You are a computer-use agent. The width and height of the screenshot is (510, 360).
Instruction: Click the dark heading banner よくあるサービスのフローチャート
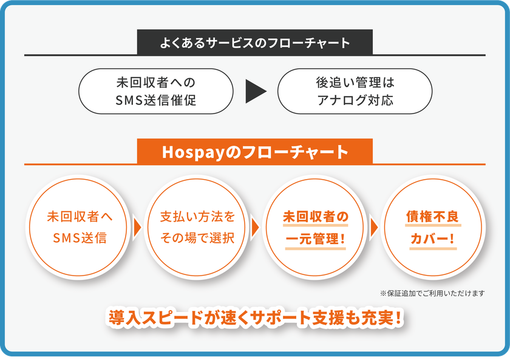[x=254, y=42]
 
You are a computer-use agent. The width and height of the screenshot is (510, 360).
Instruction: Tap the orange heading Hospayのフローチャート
[x=254, y=152]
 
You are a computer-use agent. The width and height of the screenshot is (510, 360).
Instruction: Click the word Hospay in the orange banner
[x=194, y=152]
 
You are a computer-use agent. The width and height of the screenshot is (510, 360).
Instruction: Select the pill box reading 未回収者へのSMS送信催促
[x=156, y=91]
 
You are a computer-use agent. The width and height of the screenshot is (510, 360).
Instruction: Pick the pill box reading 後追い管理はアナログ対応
[x=355, y=91]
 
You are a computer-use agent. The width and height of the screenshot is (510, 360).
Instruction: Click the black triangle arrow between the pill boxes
[x=256, y=91]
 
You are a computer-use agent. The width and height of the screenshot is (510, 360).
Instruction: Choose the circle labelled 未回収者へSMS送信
[x=78, y=227]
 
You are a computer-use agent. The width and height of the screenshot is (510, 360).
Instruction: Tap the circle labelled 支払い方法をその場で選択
[x=197, y=227]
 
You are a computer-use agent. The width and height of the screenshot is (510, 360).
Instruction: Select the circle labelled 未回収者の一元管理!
[x=315, y=227]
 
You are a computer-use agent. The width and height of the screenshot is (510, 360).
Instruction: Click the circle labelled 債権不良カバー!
[x=433, y=227]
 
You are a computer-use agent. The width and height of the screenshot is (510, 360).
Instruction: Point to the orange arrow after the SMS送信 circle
[x=137, y=227]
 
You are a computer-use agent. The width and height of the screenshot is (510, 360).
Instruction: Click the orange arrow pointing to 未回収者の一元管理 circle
[x=256, y=227]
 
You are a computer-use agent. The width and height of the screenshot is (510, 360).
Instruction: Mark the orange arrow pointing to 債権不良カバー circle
[x=374, y=227]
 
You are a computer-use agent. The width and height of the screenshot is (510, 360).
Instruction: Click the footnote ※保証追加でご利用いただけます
[x=432, y=293]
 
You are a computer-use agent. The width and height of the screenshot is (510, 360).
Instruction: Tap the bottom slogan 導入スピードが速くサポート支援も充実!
[x=254, y=318]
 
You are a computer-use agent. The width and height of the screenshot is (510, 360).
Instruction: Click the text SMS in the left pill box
[x=129, y=100]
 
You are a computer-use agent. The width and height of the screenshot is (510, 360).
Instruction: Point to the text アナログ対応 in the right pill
[x=355, y=100]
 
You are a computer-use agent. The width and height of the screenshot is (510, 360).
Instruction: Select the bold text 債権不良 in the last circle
[x=432, y=217]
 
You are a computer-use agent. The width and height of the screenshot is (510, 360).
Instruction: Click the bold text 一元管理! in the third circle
[x=315, y=239]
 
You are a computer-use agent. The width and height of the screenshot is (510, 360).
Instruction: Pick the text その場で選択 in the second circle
[x=197, y=238]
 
